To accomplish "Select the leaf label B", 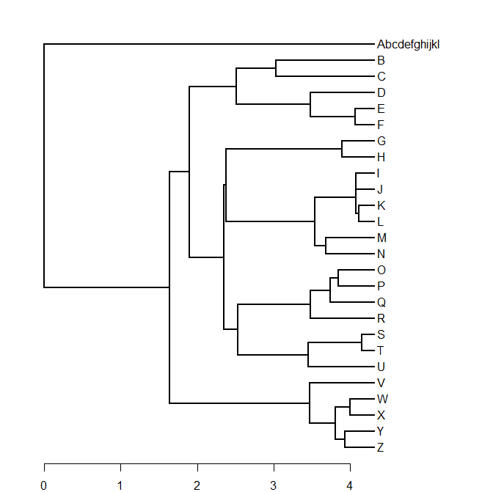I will coord(381,60).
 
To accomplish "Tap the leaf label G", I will coord(381,141).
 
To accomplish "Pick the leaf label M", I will coord(381,238).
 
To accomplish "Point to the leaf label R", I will coord(381,318).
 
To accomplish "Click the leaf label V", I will coord(381,383).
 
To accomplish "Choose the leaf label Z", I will coord(381,447).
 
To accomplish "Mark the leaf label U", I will coord(381,367).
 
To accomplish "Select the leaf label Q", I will coord(381,302).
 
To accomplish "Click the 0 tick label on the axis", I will coord(44,485).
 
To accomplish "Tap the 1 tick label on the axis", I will coord(120,485).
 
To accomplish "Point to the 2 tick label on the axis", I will coord(197,485).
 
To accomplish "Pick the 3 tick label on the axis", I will coord(274,485).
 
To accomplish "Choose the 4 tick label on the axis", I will coord(350,485).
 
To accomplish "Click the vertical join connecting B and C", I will coord(276,68).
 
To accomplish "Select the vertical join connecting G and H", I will coord(342,149).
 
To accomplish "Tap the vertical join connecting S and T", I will coord(362,342).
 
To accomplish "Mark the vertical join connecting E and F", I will coord(355,117).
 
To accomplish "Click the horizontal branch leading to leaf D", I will coord(342,92).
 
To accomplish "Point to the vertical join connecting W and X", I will coord(350,407).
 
